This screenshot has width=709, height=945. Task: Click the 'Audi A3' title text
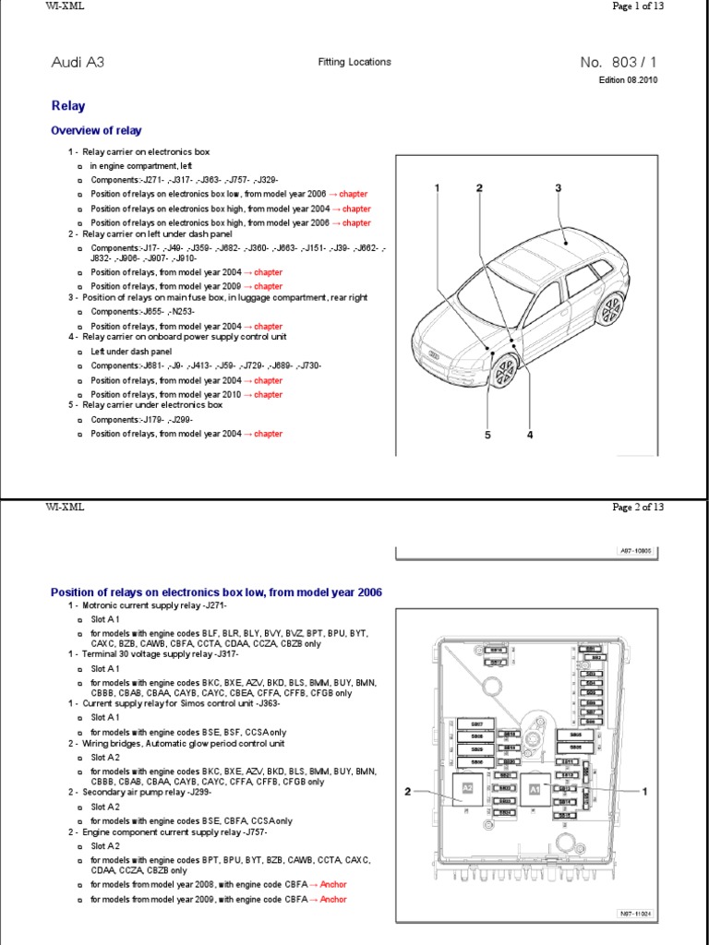(77, 63)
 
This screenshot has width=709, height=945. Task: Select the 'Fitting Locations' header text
(354, 62)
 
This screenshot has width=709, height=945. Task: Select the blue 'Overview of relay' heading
(96, 131)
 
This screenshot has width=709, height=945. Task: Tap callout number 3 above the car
(558, 188)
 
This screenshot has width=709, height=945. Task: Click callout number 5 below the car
(487, 436)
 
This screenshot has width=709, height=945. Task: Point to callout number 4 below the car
(530, 436)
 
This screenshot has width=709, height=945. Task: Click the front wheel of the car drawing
(503, 371)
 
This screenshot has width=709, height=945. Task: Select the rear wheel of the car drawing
(609, 310)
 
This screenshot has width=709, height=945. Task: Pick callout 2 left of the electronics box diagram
(407, 792)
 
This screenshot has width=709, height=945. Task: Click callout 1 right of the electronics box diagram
(645, 792)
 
